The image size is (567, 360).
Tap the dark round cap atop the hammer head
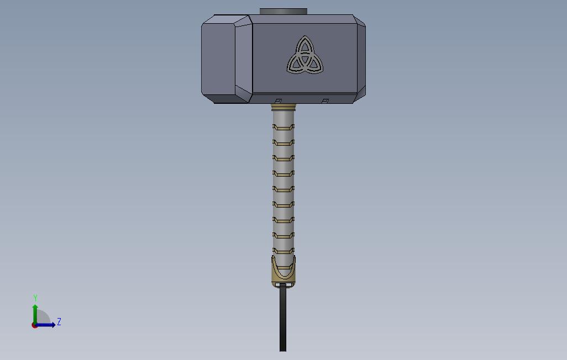click(283, 12)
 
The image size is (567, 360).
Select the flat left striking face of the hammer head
click(218, 59)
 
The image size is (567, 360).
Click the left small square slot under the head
click(279, 101)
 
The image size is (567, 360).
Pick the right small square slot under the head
click(326, 101)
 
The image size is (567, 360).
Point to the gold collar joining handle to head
click(283, 107)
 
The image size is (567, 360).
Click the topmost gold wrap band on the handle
click(283, 127)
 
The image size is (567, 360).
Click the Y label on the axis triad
click(35, 298)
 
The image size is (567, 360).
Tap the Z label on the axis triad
click(59, 322)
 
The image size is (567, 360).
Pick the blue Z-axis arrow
click(47, 325)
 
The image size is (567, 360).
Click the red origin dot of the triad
click(35, 325)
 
